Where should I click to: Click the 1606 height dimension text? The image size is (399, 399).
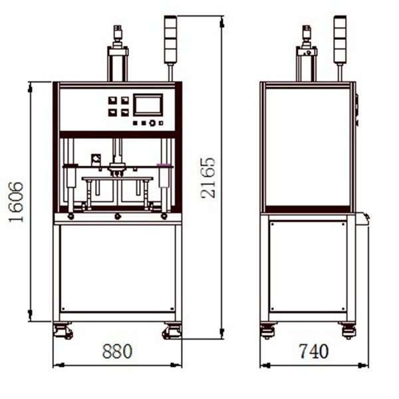click(x=16, y=201)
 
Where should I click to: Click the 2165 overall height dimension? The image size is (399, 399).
click(x=208, y=178)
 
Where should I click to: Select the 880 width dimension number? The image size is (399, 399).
click(x=117, y=351)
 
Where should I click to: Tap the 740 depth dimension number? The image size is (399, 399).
click(x=313, y=351)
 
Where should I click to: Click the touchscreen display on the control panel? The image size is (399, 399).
click(x=148, y=105)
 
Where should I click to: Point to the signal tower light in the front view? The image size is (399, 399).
click(x=170, y=39)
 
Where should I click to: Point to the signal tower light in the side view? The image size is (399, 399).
click(x=340, y=39)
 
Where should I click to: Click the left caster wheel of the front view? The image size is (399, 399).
click(x=63, y=331)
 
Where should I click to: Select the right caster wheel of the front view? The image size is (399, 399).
click(x=172, y=331)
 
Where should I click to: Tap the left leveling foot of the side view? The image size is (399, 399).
click(x=268, y=331)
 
